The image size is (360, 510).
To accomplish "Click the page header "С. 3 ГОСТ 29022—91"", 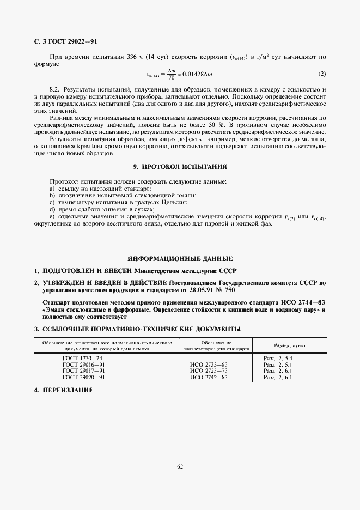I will [x=65, y=41].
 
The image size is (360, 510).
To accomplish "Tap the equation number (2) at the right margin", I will [x=322, y=74].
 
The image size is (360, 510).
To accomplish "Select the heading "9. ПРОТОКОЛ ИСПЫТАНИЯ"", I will [x=180, y=166].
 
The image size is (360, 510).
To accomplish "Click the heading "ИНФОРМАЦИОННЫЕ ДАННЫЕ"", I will [x=180, y=258].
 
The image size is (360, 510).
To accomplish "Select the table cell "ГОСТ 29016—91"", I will [x=83, y=364].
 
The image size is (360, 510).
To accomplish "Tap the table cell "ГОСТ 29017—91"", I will [x=83, y=371].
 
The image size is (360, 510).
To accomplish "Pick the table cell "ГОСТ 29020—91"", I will [x=83, y=377].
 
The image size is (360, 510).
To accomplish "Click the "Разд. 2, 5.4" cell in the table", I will [x=278, y=357].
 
